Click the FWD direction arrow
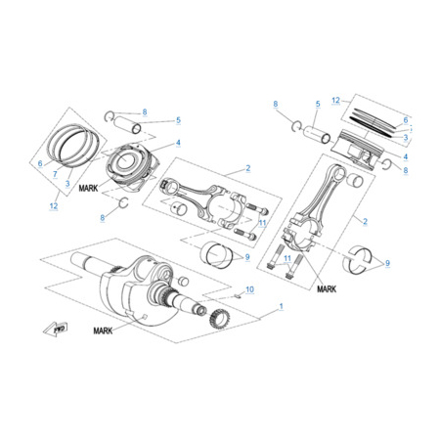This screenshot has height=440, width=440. (x=56, y=329)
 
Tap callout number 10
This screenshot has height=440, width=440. (x=249, y=289)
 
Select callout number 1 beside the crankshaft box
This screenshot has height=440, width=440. (x=282, y=306)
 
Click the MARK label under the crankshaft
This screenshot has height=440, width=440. (x=103, y=330)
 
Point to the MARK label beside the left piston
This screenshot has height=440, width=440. (x=88, y=188)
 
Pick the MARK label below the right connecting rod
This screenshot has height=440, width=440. (x=327, y=289)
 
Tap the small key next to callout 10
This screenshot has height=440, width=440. (x=239, y=296)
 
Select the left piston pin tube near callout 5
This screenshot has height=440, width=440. (x=127, y=124)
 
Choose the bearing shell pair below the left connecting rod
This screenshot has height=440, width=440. (x=217, y=253)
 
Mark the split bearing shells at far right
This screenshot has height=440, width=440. (x=358, y=258)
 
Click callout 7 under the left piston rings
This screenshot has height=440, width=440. (x=55, y=174)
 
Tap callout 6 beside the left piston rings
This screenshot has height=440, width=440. (x=40, y=163)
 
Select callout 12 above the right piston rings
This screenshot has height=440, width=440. (x=335, y=100)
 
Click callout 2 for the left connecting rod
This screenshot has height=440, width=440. (x=248, y=168)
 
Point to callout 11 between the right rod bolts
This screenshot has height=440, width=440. (x=287, y=258)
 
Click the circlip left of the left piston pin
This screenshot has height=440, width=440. (x=109, y=115)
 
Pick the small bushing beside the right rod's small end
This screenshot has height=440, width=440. (x=355, y=180)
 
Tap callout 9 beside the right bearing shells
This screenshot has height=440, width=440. (x=387, y=263)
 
